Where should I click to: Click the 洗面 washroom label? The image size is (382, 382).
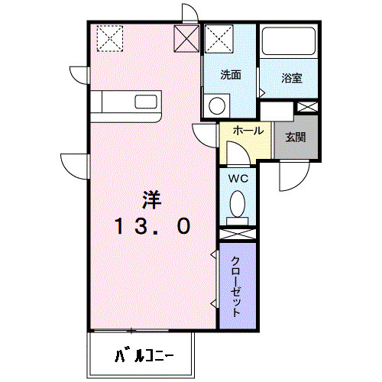(x=231, y=75)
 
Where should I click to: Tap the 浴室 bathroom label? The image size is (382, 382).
(x=292, y=78)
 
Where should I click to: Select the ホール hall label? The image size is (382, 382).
(x=248, y=131)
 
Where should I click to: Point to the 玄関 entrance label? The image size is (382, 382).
(x=296, y=138)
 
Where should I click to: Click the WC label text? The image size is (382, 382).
(x=238, y=179)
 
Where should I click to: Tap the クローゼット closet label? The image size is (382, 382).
(x=236, y=286)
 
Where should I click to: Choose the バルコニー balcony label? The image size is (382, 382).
(x=144, y=354)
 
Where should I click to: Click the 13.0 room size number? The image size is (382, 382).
(x=153, y=226)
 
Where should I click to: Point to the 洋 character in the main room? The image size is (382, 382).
(x=152, y=200)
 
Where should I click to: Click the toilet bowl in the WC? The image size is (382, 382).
(x=238, y=204)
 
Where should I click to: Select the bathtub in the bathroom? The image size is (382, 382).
(x=289, y=40)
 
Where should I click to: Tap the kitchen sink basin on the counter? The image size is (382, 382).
(x=146, y=102)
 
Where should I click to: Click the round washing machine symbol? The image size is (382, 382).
(x=217, y=105)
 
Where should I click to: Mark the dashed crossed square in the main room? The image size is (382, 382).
(x=110, y=38)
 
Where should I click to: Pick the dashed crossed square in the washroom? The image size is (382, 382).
(x=219, y=39)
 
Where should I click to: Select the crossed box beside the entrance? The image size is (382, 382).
(x=308, y=107)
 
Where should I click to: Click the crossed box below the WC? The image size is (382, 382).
(x=238, y=234)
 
